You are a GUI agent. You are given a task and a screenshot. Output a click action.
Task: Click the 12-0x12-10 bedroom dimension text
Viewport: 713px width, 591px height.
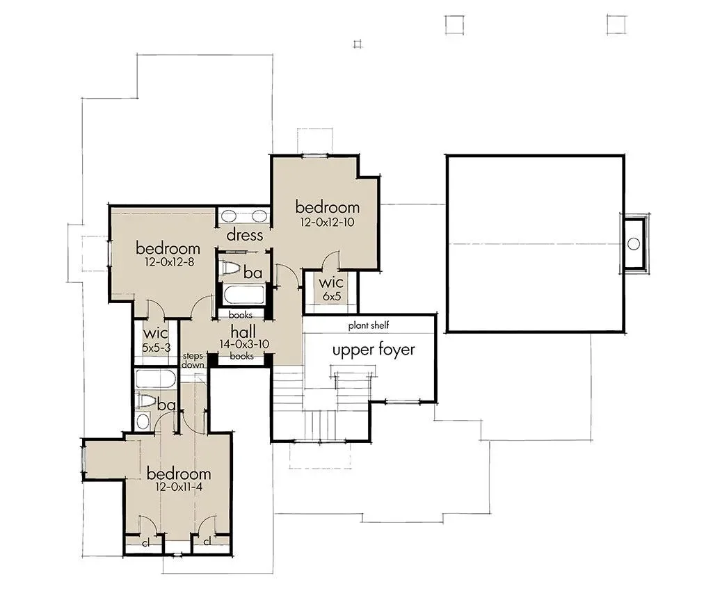coord(327,222)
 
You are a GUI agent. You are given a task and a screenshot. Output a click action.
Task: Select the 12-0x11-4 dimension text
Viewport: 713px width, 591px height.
coord(178,487)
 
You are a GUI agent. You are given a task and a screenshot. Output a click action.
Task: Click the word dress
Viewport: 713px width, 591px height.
coord(245,235)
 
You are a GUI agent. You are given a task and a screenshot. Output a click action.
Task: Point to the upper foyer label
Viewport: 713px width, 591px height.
coord(374,350)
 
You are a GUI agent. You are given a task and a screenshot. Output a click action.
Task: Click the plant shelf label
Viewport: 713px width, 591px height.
coord(369,325)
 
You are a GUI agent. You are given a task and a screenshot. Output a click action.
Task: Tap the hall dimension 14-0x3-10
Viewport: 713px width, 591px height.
coord(244,344)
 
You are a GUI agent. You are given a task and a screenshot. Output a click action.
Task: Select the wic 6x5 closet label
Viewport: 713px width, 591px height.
coord(332,289)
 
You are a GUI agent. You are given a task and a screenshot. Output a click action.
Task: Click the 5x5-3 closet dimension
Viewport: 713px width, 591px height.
coord(156,348)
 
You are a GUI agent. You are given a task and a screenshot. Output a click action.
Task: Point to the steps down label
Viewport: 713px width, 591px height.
coord(193,360)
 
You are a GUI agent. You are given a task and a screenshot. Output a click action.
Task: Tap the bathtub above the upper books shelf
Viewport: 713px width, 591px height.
coord(243,295)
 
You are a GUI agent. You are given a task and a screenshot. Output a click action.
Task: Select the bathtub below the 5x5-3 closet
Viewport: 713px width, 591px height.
coord(156,378)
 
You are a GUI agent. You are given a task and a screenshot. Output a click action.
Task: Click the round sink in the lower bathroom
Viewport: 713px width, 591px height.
coord(143,421)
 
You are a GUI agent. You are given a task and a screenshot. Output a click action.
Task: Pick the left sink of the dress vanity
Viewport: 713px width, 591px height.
coord(229,216)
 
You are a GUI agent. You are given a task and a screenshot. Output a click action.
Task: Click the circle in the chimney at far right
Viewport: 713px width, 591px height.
coord(634,243)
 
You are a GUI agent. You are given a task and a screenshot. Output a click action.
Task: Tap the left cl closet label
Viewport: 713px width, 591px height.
coord(146,543)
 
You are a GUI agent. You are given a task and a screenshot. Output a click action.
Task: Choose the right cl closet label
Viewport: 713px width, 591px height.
coord(207,542)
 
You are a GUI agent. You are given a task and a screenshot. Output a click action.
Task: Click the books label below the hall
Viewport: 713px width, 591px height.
coord(241,356)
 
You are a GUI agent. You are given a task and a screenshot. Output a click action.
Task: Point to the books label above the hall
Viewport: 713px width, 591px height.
coord(240,314)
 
